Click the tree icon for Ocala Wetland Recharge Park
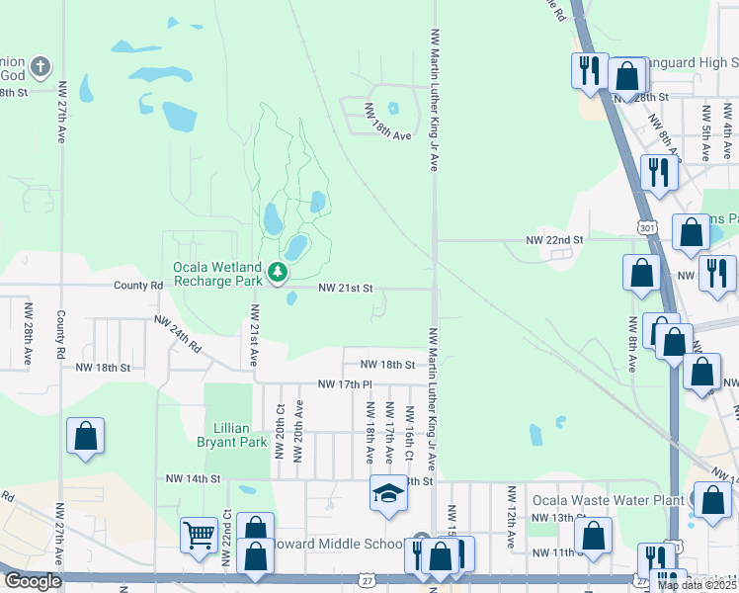point(279,272)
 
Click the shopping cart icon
point(199,535)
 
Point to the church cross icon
point(40,66)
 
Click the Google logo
point(33,581)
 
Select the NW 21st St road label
point(345,289)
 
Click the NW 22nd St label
point(554,239)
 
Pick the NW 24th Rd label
point(178,335)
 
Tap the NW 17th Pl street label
point(344,383)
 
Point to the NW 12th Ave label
point(512,517)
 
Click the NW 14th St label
point(191,478)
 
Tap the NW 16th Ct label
point(407,433)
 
